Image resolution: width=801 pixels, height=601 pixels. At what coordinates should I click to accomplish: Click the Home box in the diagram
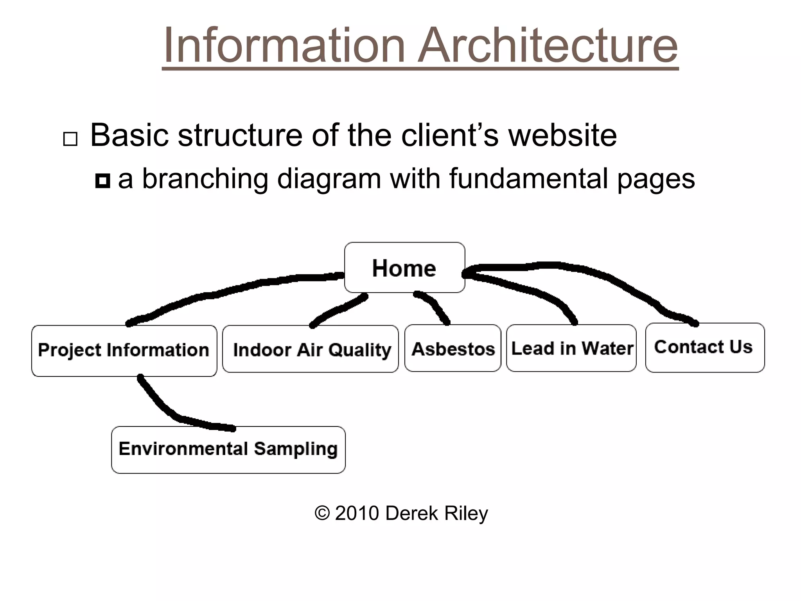pyautogui.click(x=404, y=268)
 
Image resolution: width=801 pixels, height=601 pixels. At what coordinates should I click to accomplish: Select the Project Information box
pyautogui.click(x=124, y=351)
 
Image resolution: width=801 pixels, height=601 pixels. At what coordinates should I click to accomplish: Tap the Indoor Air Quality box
pyautogui.click(x=311, y=349)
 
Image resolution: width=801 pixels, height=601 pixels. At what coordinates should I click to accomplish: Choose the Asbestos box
pyautogui.click(x=453, y=348)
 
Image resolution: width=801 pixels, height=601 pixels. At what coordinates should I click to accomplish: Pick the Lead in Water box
pyautogui.click(x=571, y=348)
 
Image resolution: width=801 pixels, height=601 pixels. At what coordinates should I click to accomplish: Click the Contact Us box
pyautogui.click(x=704, y=347)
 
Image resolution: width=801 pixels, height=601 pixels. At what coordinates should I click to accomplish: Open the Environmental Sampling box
pyautogui.click(x=228, y=450)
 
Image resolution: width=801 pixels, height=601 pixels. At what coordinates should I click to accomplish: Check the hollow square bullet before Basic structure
pyautogui.click(x=70, y=139)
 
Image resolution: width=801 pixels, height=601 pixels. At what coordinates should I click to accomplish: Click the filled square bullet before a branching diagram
pyautogui.click(x=102, y=181)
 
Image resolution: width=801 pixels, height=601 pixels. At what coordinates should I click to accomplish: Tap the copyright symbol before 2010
pyautogui.click(x=322, y=513)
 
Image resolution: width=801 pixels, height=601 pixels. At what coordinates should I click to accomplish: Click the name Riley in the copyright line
pyautogui.click(x=466, y=513)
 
